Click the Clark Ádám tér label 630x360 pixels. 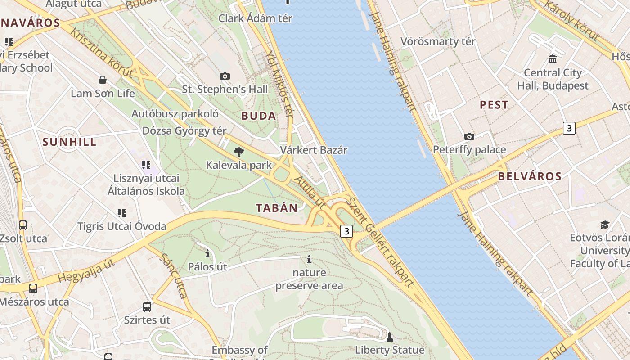(255, 18)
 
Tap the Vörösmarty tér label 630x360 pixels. (438, 42)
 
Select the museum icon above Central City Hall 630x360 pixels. (553, 59)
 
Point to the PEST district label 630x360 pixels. (494, 105)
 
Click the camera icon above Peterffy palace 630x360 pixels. (469, 136)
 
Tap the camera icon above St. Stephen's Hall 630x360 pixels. (225, 76)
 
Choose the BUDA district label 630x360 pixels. (259, 116)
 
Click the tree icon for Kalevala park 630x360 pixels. (239, 152)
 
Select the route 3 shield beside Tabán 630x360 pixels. (346, 231)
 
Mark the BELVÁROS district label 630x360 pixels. (530, 176)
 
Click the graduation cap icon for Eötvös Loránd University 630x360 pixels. (605, 224)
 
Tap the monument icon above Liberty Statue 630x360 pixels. (390, 337)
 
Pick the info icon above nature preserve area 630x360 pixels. (309, 259)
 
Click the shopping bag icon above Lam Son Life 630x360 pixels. (103, 80)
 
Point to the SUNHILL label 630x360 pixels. (69, 142)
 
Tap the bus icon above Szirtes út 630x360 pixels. (147, 307)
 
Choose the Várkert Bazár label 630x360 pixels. (314, 150)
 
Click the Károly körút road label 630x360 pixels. (571, 20)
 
